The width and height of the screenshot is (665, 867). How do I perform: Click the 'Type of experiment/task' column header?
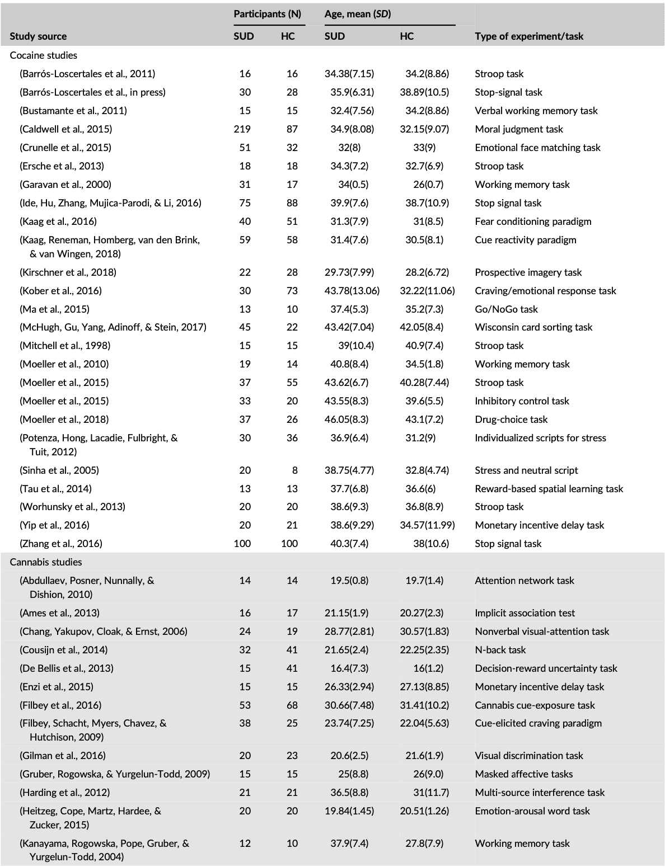point(528,36)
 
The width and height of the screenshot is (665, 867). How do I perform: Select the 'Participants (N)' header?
point(267,14)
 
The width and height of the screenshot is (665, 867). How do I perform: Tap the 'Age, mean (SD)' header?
point(357,14)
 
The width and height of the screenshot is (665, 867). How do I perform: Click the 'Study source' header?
point(38,36)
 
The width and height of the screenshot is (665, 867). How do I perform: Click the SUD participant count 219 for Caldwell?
point(242,129)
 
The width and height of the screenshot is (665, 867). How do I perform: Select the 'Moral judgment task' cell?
point(519,129)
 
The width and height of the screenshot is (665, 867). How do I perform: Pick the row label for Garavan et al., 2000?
point(65,185)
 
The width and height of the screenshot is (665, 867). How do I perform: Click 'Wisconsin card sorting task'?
point(533,327)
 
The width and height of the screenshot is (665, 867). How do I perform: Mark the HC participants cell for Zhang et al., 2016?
point(289,544)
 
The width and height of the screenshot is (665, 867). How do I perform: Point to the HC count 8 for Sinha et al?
point(294,470)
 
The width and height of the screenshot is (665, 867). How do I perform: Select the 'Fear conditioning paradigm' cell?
point(533,222)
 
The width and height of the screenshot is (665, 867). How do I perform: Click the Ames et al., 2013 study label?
point(61,613)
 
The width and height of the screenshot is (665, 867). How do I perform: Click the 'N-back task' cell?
point(500,650)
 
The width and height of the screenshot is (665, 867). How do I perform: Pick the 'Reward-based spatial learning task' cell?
point(549,489)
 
